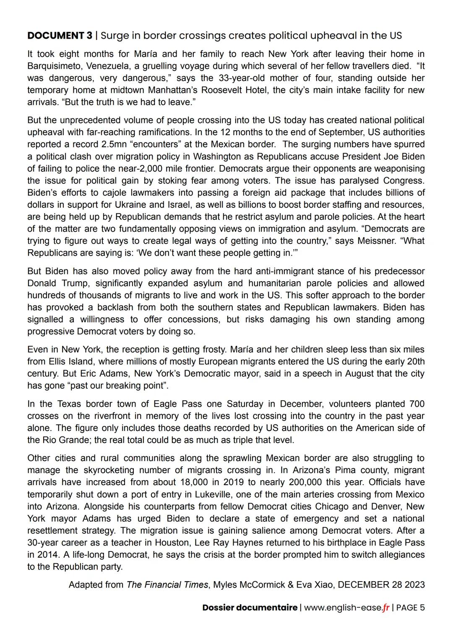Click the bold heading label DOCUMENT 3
[x=60, y=36]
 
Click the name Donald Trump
[x=55, y=283]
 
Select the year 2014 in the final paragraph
[x=48, y=555]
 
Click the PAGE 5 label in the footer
[x=411, y=608]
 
